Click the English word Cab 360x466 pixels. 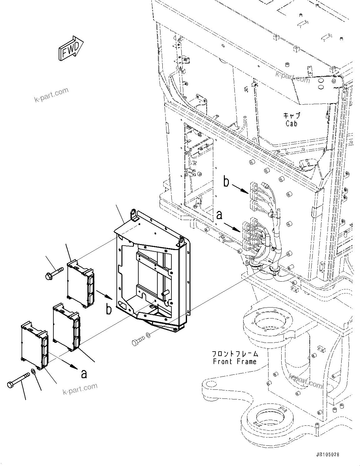tap(291, 123)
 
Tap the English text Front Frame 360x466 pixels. tap(235, 362)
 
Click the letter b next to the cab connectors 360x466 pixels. tap(226, 182)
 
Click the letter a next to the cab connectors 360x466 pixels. tap(220, 215)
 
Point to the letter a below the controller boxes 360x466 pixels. tap(84, 373)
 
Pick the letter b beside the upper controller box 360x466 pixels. tap(108, 309)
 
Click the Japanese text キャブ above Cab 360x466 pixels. tap(292, 115)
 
